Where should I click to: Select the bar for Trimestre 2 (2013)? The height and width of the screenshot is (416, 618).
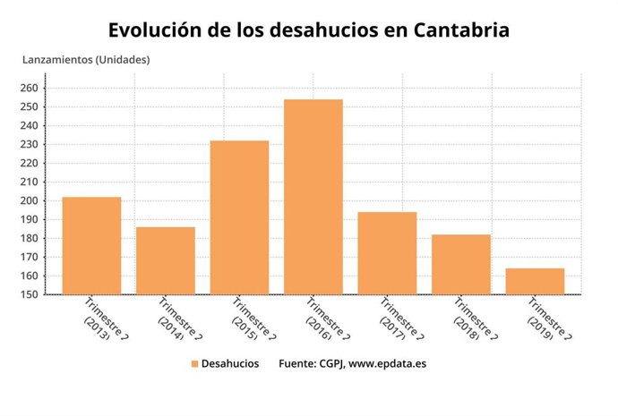(91, 245)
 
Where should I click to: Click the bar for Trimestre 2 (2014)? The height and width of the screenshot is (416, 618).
(166, 260)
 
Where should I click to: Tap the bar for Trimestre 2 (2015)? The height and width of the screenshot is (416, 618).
(239, 217)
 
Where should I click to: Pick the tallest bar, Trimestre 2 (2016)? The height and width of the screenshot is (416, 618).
(313, 197)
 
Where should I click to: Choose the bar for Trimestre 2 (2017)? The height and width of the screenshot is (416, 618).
(387, 253)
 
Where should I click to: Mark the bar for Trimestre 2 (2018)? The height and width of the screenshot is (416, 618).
(461, 264)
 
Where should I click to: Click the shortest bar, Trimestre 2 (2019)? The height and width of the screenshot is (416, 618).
(535, 281)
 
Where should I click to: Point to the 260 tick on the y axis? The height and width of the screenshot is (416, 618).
(29, 88)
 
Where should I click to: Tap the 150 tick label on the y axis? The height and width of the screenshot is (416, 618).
(29, 294)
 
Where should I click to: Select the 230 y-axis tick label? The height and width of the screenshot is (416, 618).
(29, 144)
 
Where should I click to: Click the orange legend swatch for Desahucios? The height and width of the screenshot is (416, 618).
(193, 364)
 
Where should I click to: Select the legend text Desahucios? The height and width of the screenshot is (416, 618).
(230, 364)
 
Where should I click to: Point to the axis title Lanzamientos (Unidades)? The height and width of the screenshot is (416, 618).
(86, 60)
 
